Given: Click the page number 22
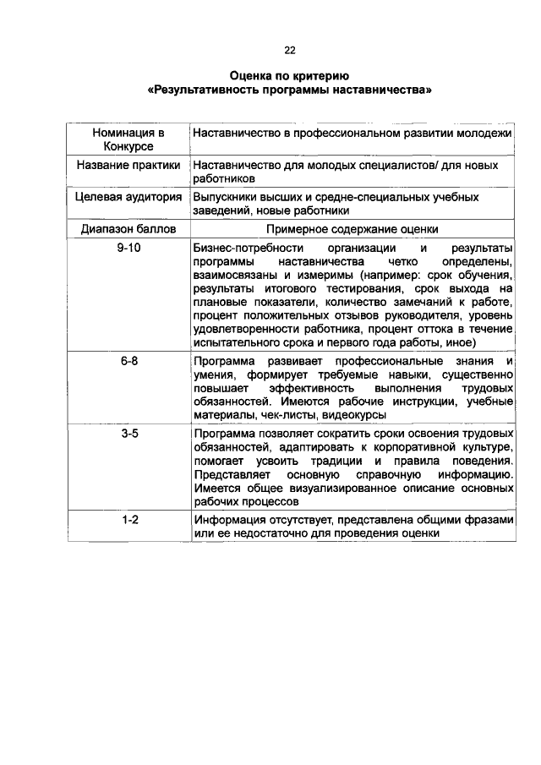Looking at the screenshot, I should click(x=290, y=49).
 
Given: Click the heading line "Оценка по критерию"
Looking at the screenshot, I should click(x=289, y=76).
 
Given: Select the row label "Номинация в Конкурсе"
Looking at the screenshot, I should click(x=128, y=139).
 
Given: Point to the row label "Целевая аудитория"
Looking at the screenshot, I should click(x=128, y=197).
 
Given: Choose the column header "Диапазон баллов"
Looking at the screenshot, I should click(x=128, y=228).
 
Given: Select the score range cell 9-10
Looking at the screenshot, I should click(x=128, y=248).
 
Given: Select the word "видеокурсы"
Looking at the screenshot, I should click(x=357, y=415).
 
